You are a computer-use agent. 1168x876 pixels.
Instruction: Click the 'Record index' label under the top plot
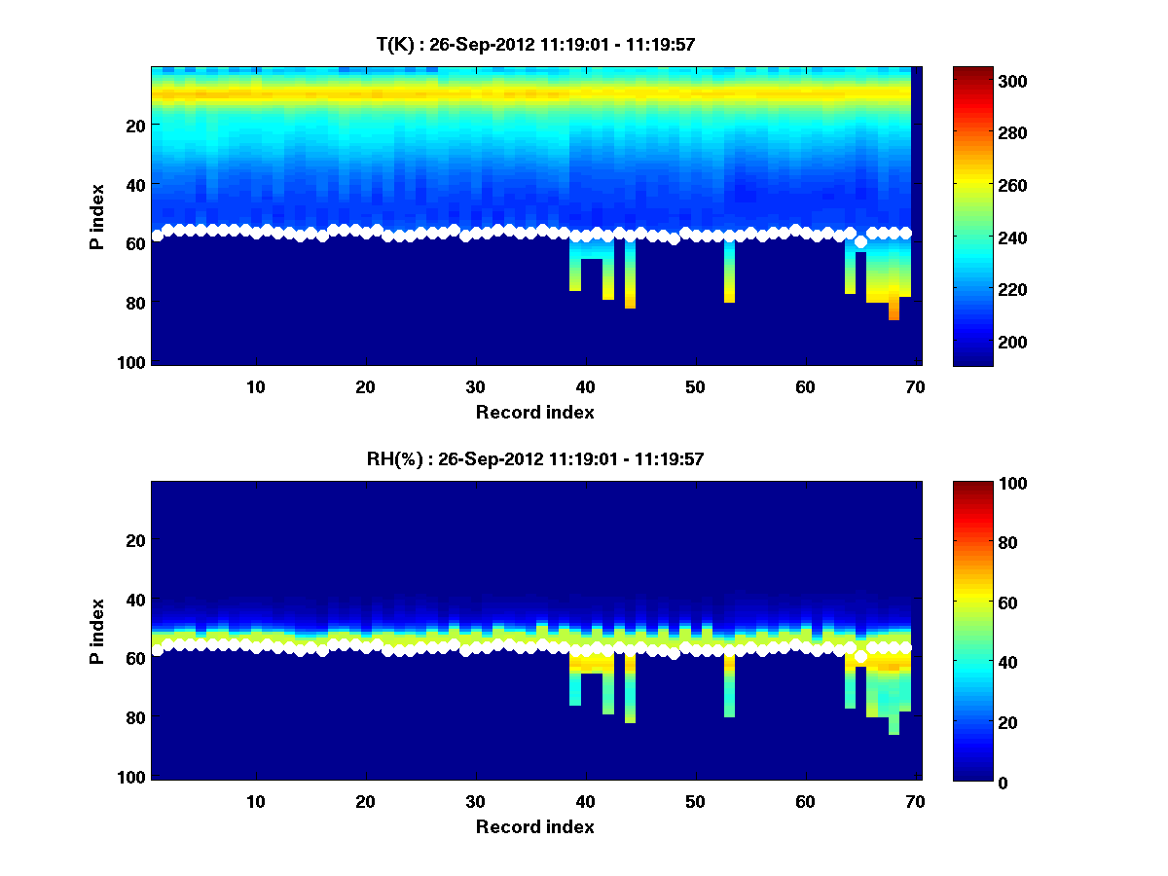click(534, 412)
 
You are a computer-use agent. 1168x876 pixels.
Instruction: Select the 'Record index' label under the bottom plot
click(534, 826)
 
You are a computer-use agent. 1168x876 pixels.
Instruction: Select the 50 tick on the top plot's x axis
click(695, 386)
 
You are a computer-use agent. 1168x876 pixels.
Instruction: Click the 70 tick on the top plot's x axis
click(915, 386)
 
